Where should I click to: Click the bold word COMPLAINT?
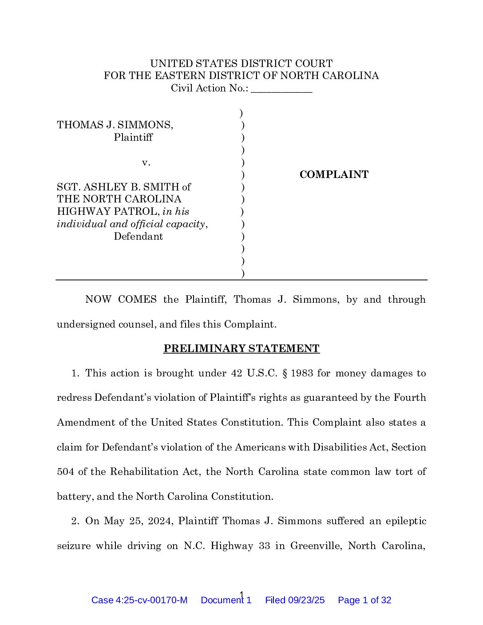click(x=334, y=175)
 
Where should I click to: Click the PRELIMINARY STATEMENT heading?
click(x=241, y=349)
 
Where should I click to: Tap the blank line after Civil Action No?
click(x=281, y=89)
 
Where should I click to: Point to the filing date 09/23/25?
click(x=306, y=601)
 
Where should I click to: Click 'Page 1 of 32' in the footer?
click(x=364, y=601)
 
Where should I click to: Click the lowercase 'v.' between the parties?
click(x=146, y=163)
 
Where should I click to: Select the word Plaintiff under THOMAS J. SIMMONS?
click(x=133, y=138)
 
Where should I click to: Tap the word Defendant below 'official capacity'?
click(x=139, y=237)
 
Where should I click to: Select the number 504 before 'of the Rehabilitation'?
click(x=65, y=472)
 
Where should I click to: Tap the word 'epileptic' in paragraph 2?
click(x=404, y=521)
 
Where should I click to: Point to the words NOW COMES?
click(x=121, y=300)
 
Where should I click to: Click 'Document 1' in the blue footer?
click(x=226, y=601)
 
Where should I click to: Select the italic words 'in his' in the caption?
click(x=176, y=212)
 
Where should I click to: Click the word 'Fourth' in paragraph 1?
click(x=410, y=398)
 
